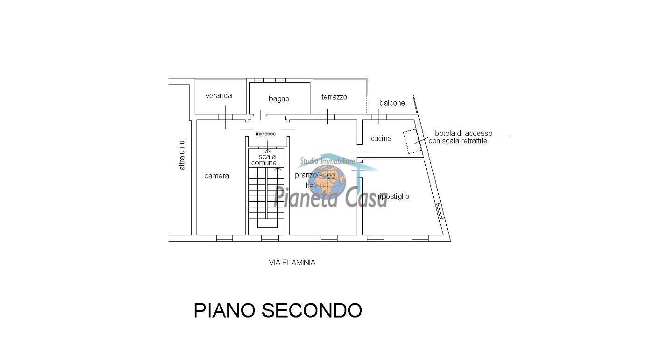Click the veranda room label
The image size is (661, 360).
(x=218, y=96)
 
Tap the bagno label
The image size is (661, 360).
(x=279, y=99)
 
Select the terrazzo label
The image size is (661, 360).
(x=334, y=97)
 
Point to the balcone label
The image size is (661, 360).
(x=392, y=103)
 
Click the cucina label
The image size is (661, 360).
(x=381, y=139)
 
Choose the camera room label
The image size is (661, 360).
(x=217, y=176)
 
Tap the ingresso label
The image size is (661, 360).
(x=266, y=134)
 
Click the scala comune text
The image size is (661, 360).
(x=264, y=160)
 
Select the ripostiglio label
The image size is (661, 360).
(x=394, y=197)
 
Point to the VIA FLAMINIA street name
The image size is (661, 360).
(x=292, y=263)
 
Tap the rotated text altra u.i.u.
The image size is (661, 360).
(x=182, y=154)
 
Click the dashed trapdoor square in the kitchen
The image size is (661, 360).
(x=413, y=141)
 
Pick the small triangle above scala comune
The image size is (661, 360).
(x=267, y=151)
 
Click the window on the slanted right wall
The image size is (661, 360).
(x=439, y=211)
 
